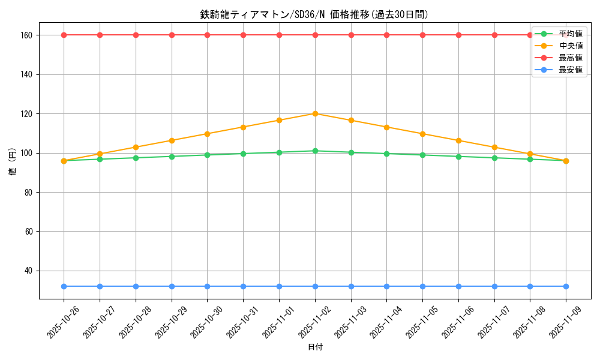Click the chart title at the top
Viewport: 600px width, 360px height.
tap(314, 14)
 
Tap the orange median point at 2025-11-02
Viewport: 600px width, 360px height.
tap(315, 113)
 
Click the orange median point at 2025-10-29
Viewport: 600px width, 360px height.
tap(172, 140)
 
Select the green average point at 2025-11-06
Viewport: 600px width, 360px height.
tap(458, 157)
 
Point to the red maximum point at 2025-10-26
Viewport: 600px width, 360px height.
tap(64, 35)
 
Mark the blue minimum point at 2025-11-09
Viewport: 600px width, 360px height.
tap(566, 286)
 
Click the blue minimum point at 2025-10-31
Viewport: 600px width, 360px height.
tap(243, 286)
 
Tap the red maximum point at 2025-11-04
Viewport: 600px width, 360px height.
tap(386, 35)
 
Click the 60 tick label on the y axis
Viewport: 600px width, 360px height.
tap(29, 232)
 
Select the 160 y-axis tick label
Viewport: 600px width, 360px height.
tap(27, 35)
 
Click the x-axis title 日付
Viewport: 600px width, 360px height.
tap(315, 347)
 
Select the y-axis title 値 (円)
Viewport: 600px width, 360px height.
tap(13, 162)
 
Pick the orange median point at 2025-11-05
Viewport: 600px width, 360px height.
tap(422, 134)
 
